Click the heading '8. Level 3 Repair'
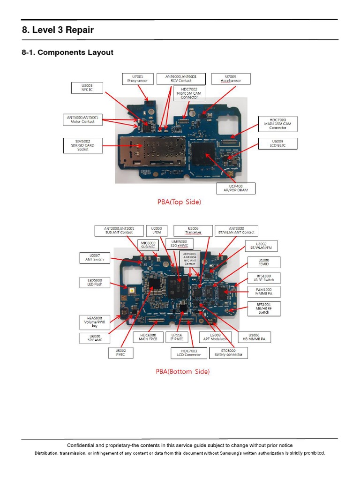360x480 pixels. pyautogui.click(x=58, y=30)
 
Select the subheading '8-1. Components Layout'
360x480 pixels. pyautogui.click(x=67, y=52)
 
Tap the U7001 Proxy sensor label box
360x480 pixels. pyautogui.click(x=137, y=78)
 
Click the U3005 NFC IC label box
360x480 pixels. pyautogui.click(x=84, y=87)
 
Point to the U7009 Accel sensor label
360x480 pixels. pyautogui.click(x=231, y=78)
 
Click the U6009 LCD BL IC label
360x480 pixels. pyautogui.click(x=277, y=143)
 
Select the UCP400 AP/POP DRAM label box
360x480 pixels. pyautogui.click(x=236, y=188)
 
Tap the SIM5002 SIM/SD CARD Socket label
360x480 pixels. pyautogui.click(x=83, y=145)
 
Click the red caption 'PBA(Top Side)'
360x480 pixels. pyautogui.click(x=179, y=202)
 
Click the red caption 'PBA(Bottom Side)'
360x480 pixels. pyautogui.click(x=182, y=372)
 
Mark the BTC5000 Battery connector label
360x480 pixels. pyautogui.click(x=228, y=352)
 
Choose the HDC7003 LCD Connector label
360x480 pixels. pyautogui.click(x=186, y=352)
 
